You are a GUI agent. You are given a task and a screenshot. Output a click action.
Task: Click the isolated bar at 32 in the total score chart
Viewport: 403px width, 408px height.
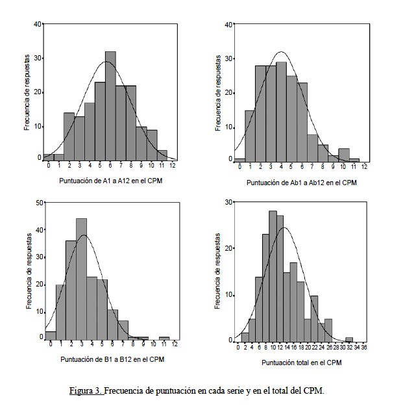[x=349, y=339]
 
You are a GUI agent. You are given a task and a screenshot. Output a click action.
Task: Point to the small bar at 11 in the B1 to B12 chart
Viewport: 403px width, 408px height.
[x=164, y=338]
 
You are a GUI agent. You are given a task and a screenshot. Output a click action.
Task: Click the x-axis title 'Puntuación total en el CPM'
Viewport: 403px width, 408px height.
[x=301, y=363]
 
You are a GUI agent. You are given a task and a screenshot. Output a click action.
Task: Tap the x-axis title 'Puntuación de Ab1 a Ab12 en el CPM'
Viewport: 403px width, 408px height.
[x=301, y=183]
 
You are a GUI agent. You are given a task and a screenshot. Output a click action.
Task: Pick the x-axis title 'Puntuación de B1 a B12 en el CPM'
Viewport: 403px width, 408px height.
[x=110, y=359]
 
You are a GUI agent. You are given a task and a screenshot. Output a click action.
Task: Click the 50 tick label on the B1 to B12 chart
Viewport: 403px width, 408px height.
[x=40, y=203]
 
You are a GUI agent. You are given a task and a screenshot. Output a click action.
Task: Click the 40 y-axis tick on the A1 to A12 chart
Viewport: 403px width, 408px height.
[x=38, y=24]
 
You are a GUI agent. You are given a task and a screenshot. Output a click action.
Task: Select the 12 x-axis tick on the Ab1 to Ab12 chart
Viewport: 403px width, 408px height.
[x=364, y=168]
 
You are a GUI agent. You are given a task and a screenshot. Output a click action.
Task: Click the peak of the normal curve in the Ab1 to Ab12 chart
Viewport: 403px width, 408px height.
[x=281, y=52]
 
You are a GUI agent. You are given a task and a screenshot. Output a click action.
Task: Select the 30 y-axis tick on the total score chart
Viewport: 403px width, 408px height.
[x=230, y=202]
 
